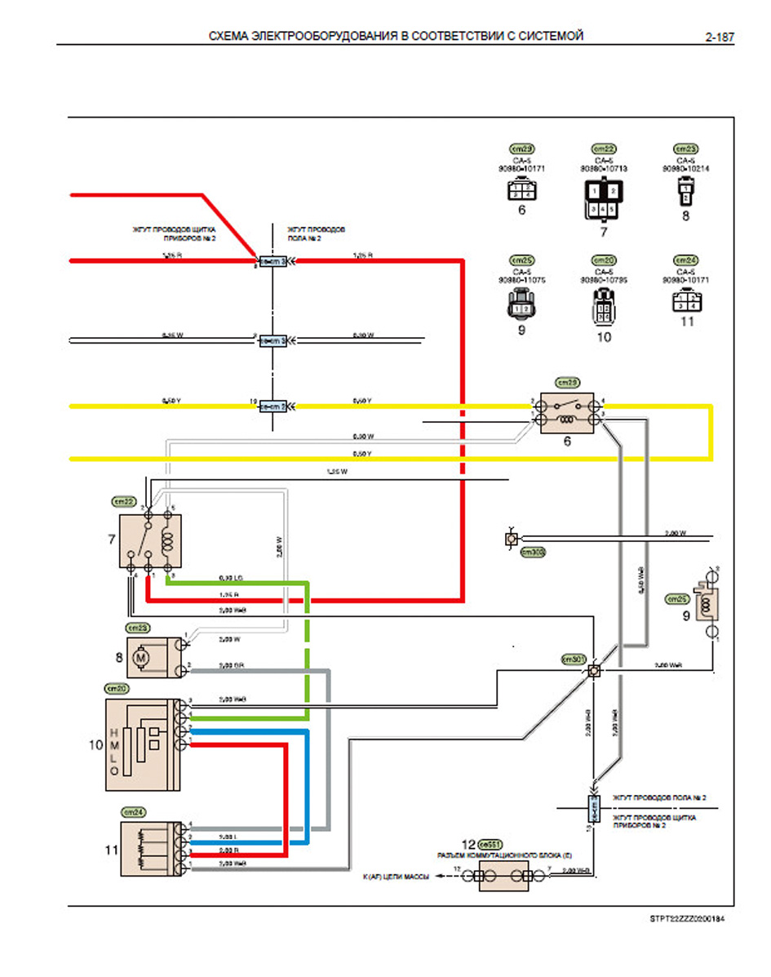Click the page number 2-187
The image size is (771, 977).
[x=720, y=37]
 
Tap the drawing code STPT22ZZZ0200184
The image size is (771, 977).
[x=686, y=918]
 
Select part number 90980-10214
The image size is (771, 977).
[x=685, y=169]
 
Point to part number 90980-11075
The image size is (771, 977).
[x=522, y=280]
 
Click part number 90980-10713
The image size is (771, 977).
[x=604, y=169]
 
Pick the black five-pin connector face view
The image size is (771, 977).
[x=604, y=202]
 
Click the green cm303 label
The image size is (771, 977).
[x=533, y=553]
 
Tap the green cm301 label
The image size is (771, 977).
[x=574, y=659]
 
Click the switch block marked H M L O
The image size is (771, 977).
[x=139, y=744]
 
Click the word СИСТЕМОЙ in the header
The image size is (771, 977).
[x=552, y=37]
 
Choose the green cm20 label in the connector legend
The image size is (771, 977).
[x=604, y=260]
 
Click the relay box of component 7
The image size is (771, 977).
[x=150, y=540]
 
